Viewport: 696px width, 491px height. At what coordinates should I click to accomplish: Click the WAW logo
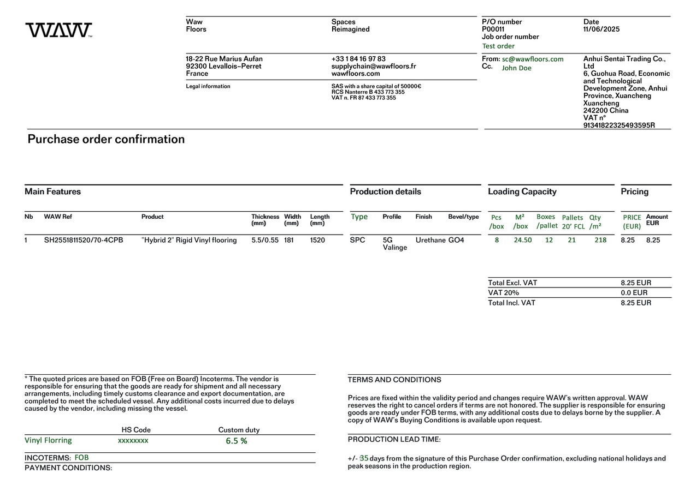pos(58,30)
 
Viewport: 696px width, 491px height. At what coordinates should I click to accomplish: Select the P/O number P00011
pos(493,29)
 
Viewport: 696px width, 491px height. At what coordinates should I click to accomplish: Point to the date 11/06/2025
pos(601,29)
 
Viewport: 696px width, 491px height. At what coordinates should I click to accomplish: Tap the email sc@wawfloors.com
pos(533,59)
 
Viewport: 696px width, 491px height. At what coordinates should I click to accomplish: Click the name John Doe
pos(516,68)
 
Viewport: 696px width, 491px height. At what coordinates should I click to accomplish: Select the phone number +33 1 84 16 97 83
pos(358,59)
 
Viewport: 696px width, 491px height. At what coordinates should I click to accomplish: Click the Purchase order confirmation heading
pos(106,139)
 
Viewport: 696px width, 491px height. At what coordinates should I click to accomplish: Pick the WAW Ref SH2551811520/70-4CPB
pos(84,240)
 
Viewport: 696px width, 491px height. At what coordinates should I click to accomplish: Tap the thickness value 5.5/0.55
pos(265,240)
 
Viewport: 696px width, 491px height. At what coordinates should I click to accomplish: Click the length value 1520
pos(317,240)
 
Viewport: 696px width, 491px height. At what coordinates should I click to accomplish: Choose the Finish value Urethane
pos(430,240)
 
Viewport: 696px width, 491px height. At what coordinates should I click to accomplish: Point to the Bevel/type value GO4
pos(456,240)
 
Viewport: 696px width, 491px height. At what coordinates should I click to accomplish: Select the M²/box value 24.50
pos(522,240)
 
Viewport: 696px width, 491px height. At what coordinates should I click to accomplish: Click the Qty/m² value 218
pos(600,240)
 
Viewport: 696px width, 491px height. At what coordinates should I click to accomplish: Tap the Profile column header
pos(392,217)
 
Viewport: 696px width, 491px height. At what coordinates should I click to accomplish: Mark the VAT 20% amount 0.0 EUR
pos(634,293)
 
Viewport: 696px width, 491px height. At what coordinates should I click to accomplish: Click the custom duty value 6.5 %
pos(237,441)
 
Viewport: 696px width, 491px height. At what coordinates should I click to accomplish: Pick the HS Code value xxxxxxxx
pos(133,440)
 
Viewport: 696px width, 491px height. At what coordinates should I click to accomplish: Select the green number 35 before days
pos(364,458)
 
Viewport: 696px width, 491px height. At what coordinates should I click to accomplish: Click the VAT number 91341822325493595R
pos(619,125)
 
